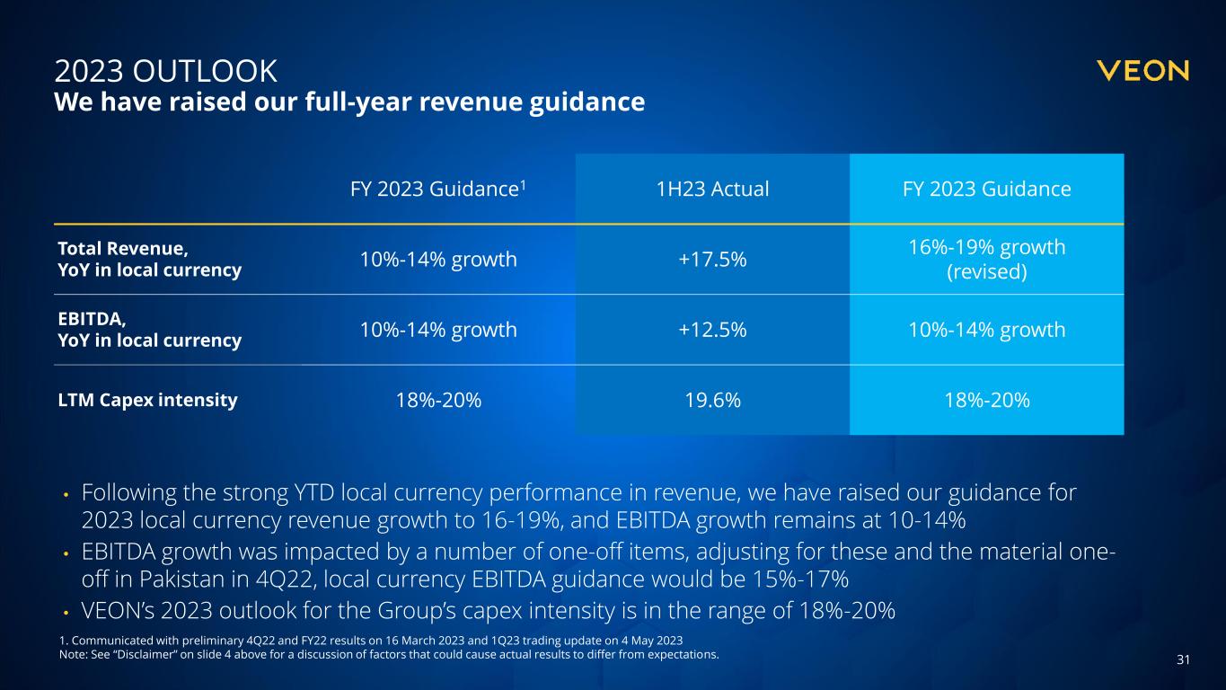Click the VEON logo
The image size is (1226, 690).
point(1142,71)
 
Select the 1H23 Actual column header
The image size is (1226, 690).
point(711,190)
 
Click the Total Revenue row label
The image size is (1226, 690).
point(149,259)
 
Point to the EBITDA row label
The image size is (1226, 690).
point(149,330)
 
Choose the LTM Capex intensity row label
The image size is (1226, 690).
point(147,401)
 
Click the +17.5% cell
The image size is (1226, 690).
point(711,259)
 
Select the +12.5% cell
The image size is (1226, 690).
point(711,330)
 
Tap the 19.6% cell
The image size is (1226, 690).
point(711,401)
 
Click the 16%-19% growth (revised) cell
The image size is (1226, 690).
point(986,259)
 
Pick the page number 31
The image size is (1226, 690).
point(1183,660)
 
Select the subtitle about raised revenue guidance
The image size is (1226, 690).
point(349,102)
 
